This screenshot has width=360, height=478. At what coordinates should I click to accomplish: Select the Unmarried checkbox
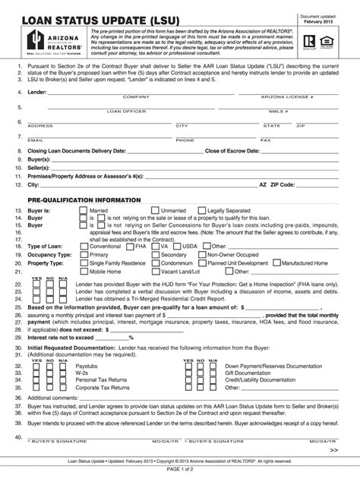click(x=155, y=210)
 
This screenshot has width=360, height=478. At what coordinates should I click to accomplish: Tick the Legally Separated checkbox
click(x=201, y=210)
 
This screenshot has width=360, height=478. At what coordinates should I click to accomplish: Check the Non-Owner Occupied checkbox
click(x=201, y=255)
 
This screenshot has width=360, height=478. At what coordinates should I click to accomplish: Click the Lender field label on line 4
click(x=36, y=91)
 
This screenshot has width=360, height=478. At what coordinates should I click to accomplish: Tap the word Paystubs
click(x=88, y=366)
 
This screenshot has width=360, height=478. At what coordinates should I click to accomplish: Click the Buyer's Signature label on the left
click(x=53, y=441)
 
